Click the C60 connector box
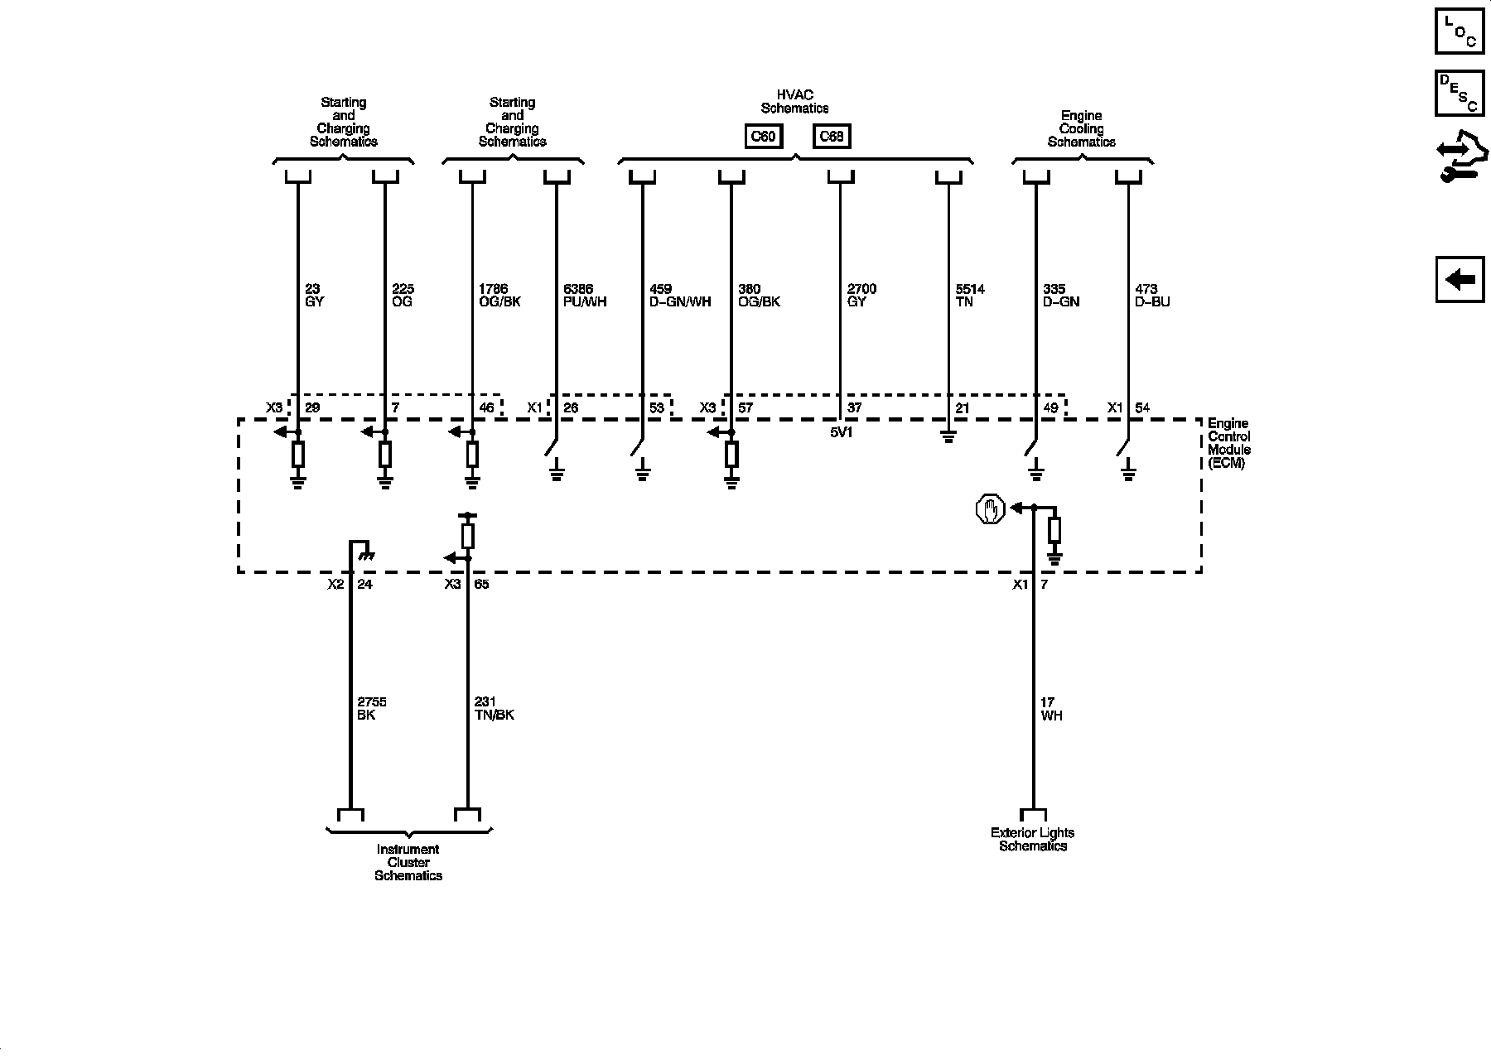point(762,136)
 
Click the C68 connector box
point(831,136)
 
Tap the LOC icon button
point(1460,31)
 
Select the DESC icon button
point(1460,94)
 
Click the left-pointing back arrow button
point(1460,279)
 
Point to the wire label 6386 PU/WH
point(585,296)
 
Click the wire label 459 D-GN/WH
point(680,296)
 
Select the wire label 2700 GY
point(861,296)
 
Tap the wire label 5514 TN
point(970,296)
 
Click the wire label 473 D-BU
point(1152,296)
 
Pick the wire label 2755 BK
point(371,709)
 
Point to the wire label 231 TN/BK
point(494,709)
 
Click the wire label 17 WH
point(1051,709)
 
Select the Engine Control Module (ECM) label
point(1228,444)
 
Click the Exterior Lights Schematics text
point(1032,840)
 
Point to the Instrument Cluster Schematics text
point(408,862)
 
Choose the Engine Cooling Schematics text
point(1081,129)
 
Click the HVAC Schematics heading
point(794,102)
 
